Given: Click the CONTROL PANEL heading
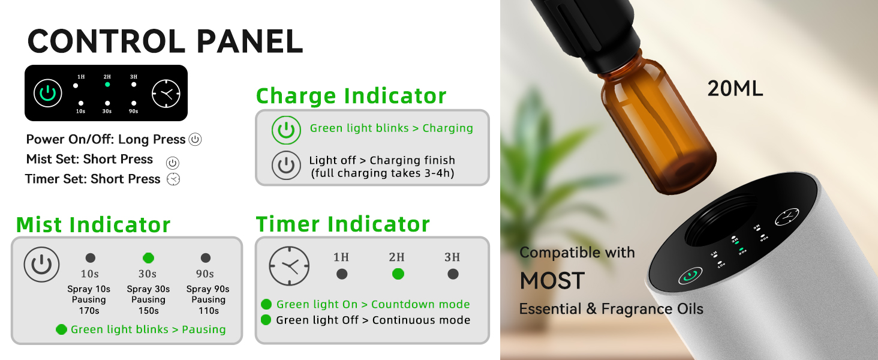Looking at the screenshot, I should [x=165, y=41].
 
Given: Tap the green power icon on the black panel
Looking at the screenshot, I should [x=47, y=93].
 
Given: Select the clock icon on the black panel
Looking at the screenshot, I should [x=166, y=93].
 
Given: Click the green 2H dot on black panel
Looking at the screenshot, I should [x=107, y=85].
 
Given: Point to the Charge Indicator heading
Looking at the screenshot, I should [x=351, y=96].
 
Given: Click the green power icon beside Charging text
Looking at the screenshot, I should [x=286, y=130].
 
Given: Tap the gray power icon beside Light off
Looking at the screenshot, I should [x=286, y=166].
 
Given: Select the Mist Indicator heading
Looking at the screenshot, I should [x=93, y=225].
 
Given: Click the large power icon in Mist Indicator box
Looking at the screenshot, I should [x=41, y=265].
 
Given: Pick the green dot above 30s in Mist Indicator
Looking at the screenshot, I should [x=148, y=258].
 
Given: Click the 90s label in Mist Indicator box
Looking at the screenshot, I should [x=205, y=274].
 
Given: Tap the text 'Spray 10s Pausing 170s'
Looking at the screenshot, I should [x=89, y=299].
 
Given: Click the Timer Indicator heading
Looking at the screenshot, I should [x=342, y=224].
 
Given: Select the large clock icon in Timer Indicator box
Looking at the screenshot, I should [x=289, y=265].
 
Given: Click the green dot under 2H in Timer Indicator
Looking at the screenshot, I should [x=398, y=274].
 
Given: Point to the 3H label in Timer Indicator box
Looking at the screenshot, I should [x=452, y=257].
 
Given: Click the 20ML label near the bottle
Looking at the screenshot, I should [x=735, y=89].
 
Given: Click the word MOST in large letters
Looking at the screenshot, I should [x=552, y=281].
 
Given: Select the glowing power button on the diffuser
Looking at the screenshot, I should [x=690, y=277].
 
